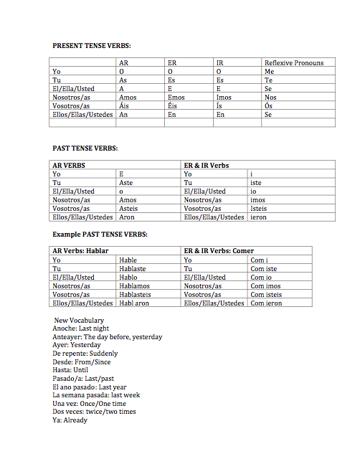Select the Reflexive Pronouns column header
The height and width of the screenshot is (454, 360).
coord(293,63)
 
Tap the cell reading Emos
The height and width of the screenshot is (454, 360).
coord(176,97)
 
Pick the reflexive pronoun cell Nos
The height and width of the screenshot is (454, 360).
coord(270,97)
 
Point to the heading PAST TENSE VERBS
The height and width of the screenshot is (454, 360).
coord(85,148)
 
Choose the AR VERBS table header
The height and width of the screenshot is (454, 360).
coord(70,166)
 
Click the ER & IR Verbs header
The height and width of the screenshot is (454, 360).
coord(207,166)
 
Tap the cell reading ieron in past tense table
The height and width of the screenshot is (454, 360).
coord(258,217)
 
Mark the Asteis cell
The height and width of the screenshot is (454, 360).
coord(129,208)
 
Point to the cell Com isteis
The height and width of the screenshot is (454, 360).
coord(266,294)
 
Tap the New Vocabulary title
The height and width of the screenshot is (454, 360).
coord(80,321)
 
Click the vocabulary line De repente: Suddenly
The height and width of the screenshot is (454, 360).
coord(85,354)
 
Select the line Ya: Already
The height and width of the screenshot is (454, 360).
coord(70,420)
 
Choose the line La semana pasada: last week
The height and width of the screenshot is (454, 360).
coord(96,395)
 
